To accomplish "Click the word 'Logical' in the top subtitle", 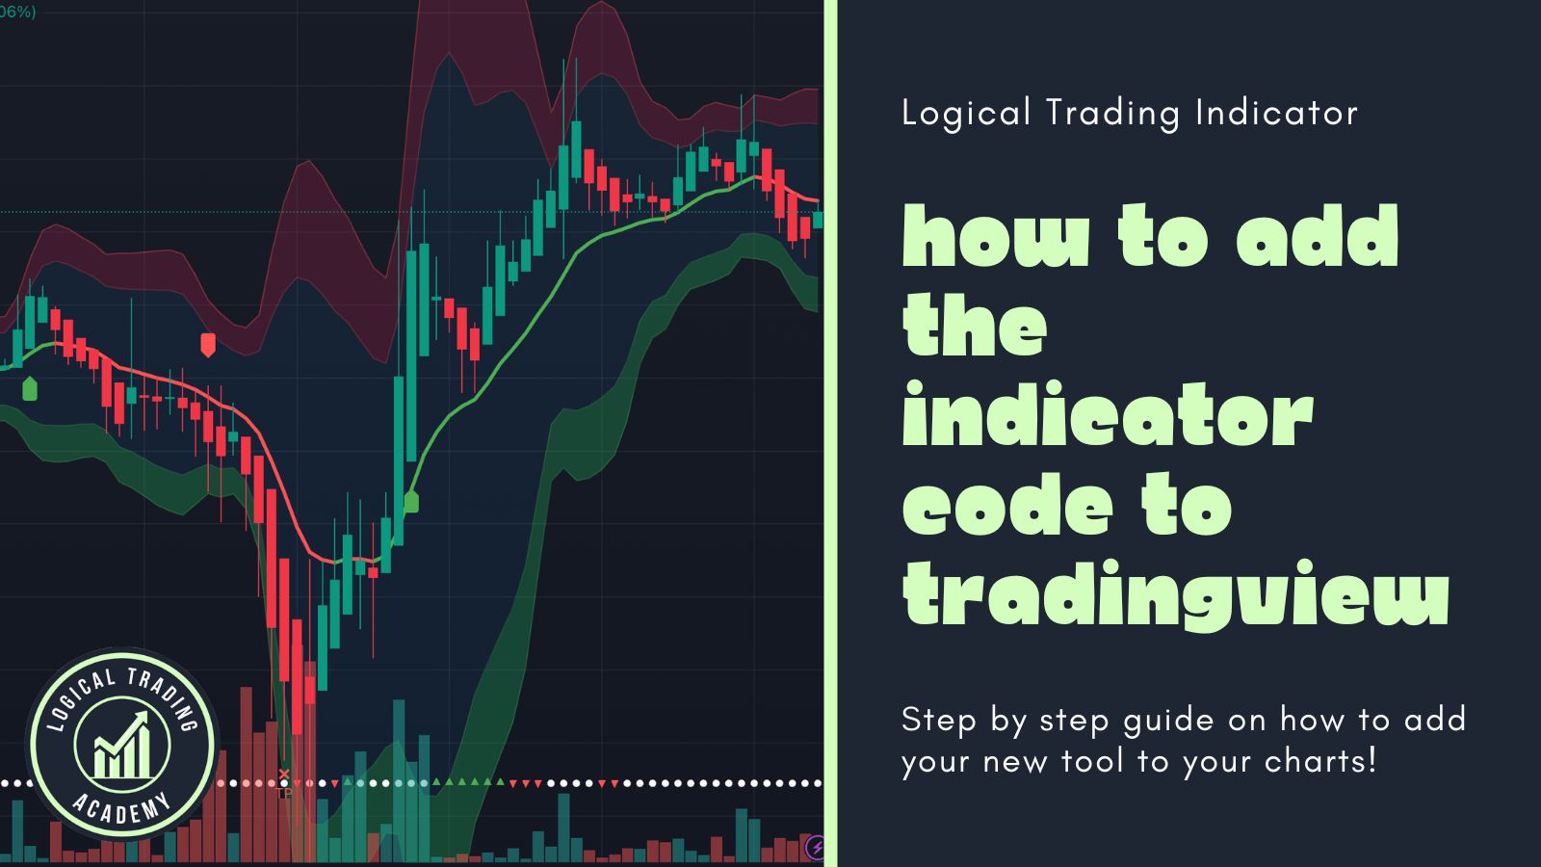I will [x=966, y=114].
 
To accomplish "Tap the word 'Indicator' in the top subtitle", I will [x=1276, y=113].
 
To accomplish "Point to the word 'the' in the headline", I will [x=975, y=327].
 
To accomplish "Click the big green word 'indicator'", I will [x=1108, y=416].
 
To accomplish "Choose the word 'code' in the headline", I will [x=1007, y=508].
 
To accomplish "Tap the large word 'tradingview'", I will [x=1175, y=595].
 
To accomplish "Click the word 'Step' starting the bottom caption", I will [x=938, y=721].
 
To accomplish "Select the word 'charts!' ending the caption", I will [x=1320, y=761].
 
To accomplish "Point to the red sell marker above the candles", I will [x=208, y=344].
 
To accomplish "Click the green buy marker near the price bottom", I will [x=411, y=501].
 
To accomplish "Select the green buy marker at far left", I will [x=30, y=388].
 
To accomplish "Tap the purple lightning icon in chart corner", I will [x=815, y=848].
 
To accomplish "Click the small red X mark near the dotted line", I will [x=284, y=775].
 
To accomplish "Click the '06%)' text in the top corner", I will [x=17, y=13].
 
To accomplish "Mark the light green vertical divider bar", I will [x=830, y=433].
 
